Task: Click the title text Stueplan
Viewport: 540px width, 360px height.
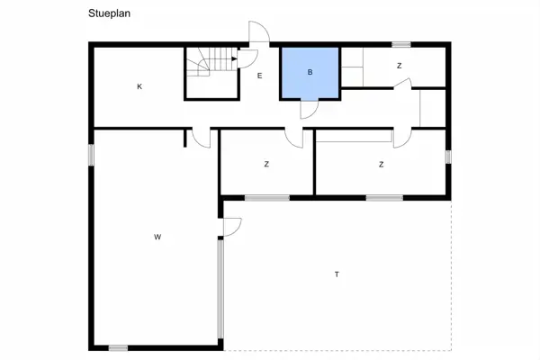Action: pyautogui.click(x=109, y=13)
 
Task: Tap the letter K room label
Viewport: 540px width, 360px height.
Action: pyautogui.click(x=139, y=86)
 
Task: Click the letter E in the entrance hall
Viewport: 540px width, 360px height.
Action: pyautogui.click(x=260, y=76)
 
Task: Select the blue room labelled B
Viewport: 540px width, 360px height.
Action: pyautogui.click(x=310, y=73)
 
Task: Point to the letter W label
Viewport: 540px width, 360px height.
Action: pyautogui.click(x=157, y=237)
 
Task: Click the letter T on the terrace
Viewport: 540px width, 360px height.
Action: pyautogui.click(x=337, y=274)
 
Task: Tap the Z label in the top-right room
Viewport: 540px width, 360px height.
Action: pyautogui.click(x=399, y=66)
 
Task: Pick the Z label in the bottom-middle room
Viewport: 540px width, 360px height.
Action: pyautogui.click(x=266, y=165)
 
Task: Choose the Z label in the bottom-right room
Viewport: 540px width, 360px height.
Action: pyautogui.click(x=382, y=165)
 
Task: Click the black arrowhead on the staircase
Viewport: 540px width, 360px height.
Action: pyautogui.click(x=235, y=58)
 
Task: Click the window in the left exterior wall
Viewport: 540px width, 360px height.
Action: pyautogui.click(x=91, y=155)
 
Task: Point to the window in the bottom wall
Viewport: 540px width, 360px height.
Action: pyautogui.click(x=118, y=348)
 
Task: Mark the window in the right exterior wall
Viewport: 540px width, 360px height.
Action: pyautogui.click(x=448, y=157)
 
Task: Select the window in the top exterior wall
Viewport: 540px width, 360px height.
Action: pyautogui.click(x=401, y=44)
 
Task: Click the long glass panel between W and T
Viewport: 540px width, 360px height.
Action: pyautogui.click(x=220, y=290)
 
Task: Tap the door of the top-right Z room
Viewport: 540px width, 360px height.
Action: pyautogui.click(x=403, y=84)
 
